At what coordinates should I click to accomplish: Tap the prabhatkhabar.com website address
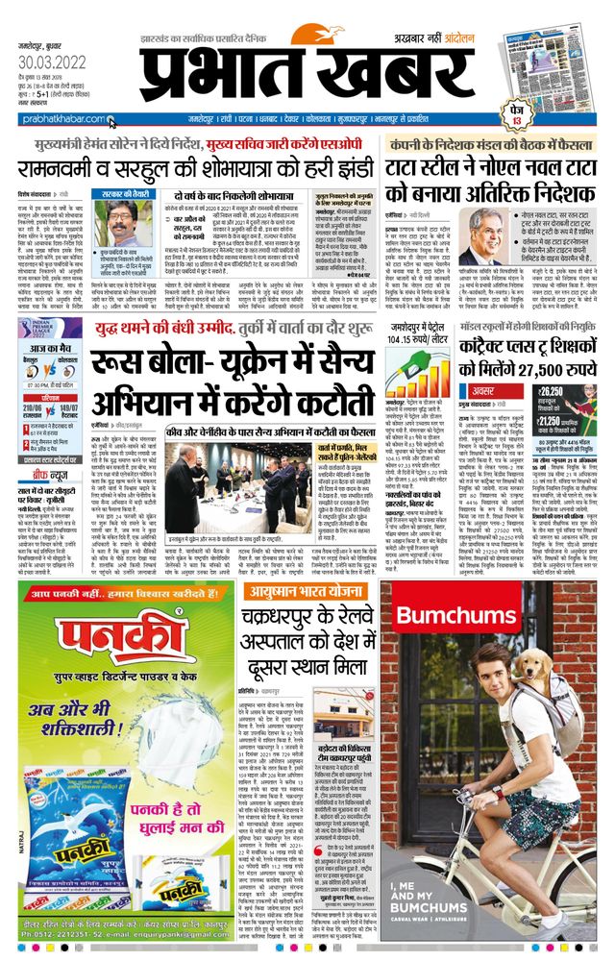[57, 119]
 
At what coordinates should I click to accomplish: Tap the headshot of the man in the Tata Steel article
[498, 237]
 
